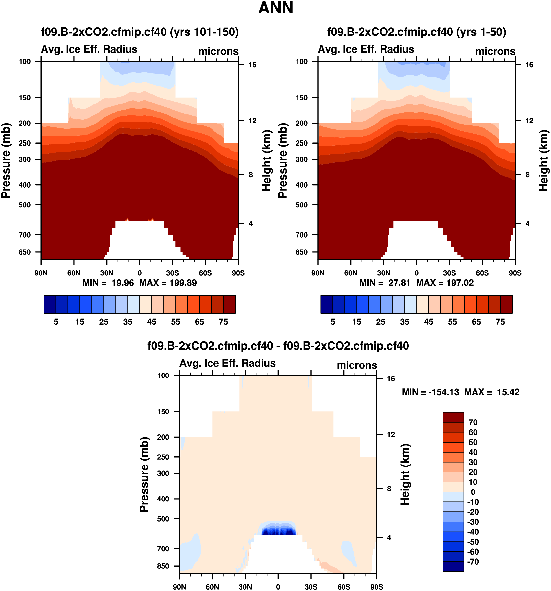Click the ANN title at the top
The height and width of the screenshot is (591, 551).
click(x=276, y=8)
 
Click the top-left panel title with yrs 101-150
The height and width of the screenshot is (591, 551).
click(x=140, y=32)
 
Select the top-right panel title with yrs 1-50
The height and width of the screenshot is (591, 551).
click(x=417, y=32)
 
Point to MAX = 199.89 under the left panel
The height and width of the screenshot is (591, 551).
click(x=168, y=283)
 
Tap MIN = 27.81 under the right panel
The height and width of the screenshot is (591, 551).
click(x=385, y=283)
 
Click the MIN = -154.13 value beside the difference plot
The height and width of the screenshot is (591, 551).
click(x=430, y=392)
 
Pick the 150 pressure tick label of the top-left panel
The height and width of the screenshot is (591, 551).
click(x=25, y=98)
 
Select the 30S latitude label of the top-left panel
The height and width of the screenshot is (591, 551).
click(x=173, y=273)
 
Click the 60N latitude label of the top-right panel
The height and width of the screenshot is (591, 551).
click(x=351, y=273)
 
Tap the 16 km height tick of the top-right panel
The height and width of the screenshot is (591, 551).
click(x=529, y=65)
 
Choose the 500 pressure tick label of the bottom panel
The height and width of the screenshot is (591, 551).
click(x=163, y=519)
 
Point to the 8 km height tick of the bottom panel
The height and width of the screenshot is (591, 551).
click(x=389, y=489)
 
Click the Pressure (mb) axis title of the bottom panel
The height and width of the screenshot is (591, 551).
click(x=144, y=474)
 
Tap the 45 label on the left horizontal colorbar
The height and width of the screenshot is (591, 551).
click(x=152, y=322)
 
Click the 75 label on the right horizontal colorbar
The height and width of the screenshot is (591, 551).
click(x=500, y=322)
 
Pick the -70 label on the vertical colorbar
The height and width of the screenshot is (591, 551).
click(x=473, y=562)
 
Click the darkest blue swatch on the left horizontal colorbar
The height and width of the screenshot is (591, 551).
click(x=50, y=304)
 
